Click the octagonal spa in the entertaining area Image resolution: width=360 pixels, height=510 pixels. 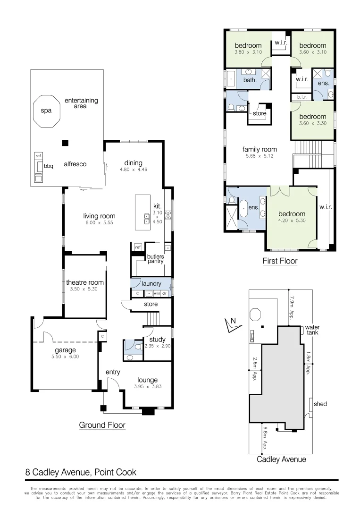pos(46,111)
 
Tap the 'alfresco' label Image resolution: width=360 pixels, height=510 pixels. pos(75,164)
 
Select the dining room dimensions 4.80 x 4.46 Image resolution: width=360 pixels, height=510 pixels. pos(133,169)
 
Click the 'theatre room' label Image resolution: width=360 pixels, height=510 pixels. pos(85,282)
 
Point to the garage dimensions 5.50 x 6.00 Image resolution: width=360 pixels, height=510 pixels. pos(65,357)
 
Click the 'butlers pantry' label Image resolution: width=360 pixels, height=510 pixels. pos(155,259)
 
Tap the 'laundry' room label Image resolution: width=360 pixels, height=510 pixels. pos(151,284)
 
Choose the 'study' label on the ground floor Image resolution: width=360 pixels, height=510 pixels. pos(157,339)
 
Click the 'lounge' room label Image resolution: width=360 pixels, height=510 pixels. pos(147,380)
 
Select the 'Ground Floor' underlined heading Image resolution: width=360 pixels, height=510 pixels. pos(102,425)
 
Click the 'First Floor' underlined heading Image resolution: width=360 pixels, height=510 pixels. pos(280,261)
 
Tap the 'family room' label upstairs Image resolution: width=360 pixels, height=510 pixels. pos(259,149)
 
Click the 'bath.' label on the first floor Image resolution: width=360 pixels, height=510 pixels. pos(250,80)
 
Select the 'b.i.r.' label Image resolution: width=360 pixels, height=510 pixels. pos(301,97)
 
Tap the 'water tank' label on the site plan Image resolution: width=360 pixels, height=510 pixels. pos(312,330)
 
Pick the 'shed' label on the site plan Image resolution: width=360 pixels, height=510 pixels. pos(320,404)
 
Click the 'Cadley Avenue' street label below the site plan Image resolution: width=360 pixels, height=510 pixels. pos(281,459)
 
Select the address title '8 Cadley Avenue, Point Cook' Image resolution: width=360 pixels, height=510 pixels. pos(81,472)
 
